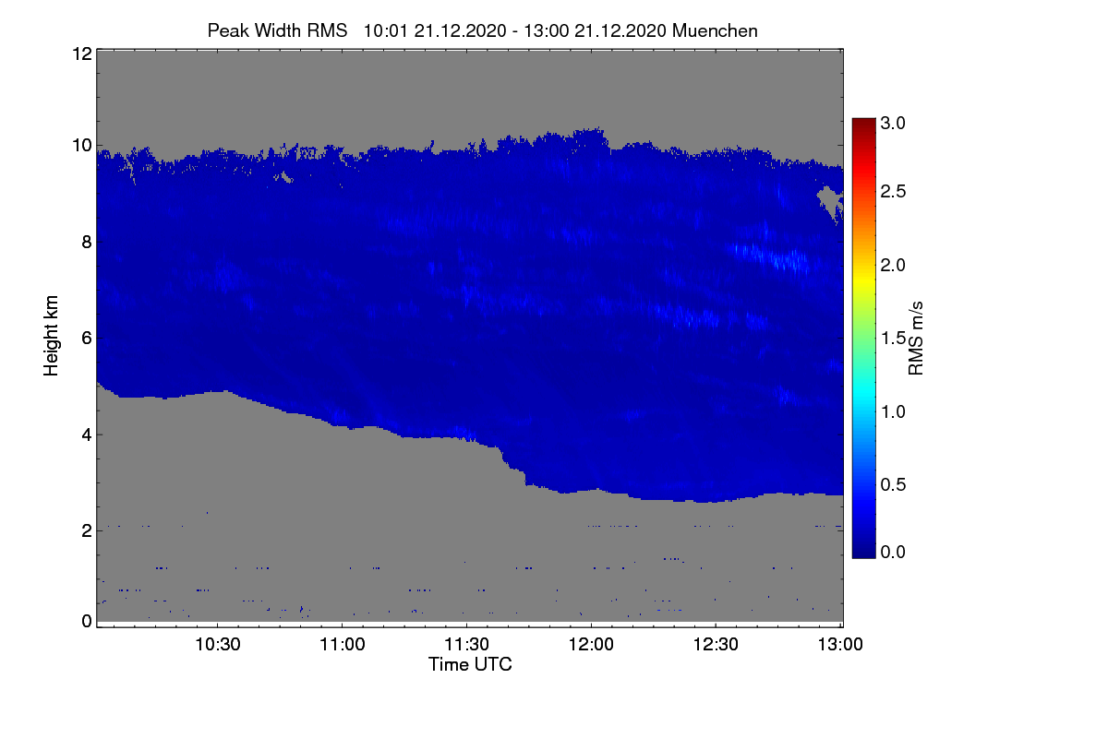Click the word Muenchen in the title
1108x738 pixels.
pyautogui.click(x=715, y=30)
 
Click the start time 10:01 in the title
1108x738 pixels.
pyautogui.click(x=385, y=30)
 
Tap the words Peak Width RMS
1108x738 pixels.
pyautogui.click(x=278, y=30)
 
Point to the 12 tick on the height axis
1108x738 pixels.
pyautogui.click(x=82, y=54)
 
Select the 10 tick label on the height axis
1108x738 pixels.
pyautogui.click(x=82, y=146)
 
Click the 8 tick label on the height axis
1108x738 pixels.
pyautogui.click(x=87, y=242)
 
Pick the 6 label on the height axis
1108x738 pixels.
pyautogui.click(x=87, y=339)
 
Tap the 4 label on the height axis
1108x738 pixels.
pyautogui.click(x=87, y=434)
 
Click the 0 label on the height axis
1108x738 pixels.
pyautogui.click(x=87, y=621)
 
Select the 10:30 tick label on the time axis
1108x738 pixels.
pyautogui.click(x=218, y=644)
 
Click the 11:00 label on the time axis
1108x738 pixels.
pyautogui.click(x=343, y=644)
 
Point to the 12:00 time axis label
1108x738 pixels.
pyautogui.click(x=591, y=644)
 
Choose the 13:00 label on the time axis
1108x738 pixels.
pyautogui.click(x=840, y=644)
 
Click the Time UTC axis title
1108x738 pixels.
pyautogui.click(x=470, y=664)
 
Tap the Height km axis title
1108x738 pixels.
pyautogui.click(x=51, y=336)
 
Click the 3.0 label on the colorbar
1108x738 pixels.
pyautogui.click(x=893, y=123)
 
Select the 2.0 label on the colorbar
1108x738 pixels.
pyautogui.click(x=893, y=265)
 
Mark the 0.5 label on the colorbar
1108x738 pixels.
pyautogui.click(x=893, y=484)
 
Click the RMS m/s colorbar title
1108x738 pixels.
pyautogui.click(x=916, y=339)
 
